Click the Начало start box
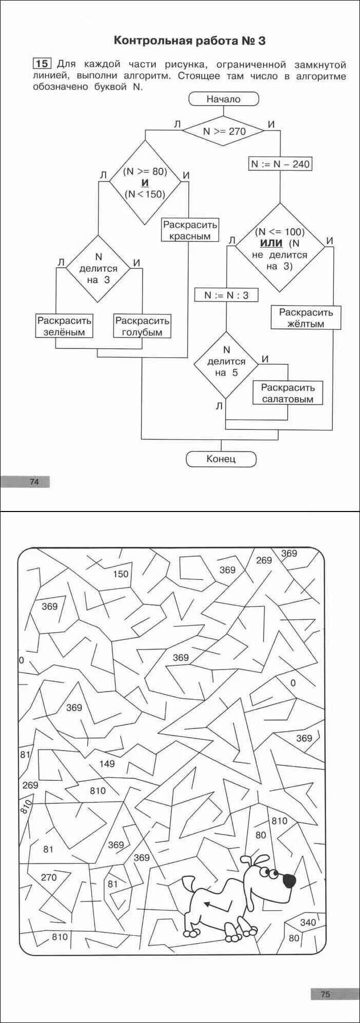pyautogui.click(x=223, y=99)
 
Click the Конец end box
pyautogui.click(x=221, y=459)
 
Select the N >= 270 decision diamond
pyautogui.click(x=224, y=131)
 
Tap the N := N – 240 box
pyautogui.click(x=280, y=164)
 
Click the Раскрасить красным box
pyautogui.click(x=190, y=230)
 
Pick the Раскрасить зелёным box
pyautogui.click(x=64, y=326)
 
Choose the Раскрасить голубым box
pyautogui.click(x=142, y=326)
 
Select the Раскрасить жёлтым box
pyautogui.click(x=306, y=318)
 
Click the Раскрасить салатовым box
pyautogui.click(x=287, y=393)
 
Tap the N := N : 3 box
pyautogui.click(x=226, y=295)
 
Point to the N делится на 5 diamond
pyautogui.click(x=226, y=364)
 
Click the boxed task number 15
pyautogui.click(x=42, y=64)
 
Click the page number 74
pyautogui.click(x=34, y=482)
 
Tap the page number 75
pyautogui.click(x=325, y=994)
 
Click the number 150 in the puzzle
pyautogui.click(x=121, y=574)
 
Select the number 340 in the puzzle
pyautogui.click(x=308, y=922)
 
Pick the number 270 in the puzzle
pyautogui.click(x=49, y=877)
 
